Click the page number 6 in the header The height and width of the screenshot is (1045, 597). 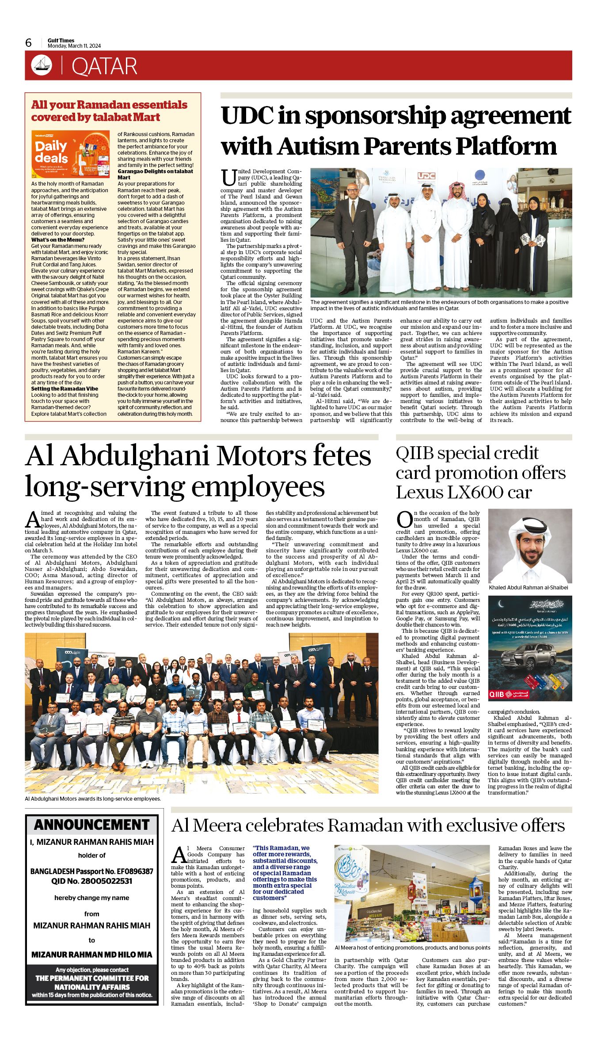pos(29,43)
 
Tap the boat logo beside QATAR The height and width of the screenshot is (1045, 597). pos(42,65)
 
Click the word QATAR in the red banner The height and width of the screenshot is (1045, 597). pos(104,66)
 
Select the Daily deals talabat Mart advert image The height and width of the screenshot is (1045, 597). pos(70,154)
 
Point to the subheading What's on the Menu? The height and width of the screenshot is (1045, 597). pos(57,240)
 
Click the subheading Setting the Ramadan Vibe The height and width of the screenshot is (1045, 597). pos(65,389)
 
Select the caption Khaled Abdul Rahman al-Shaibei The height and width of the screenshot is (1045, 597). pos(528,588)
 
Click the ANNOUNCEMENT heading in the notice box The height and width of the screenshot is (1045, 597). pos(92,825)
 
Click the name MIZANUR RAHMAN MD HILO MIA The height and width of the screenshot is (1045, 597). pos(92,955)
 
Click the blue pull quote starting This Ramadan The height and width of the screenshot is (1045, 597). pos(285,873)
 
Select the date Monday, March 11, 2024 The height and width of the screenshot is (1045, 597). pos(74,46)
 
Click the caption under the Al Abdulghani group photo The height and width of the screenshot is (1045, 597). pos(93,799)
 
